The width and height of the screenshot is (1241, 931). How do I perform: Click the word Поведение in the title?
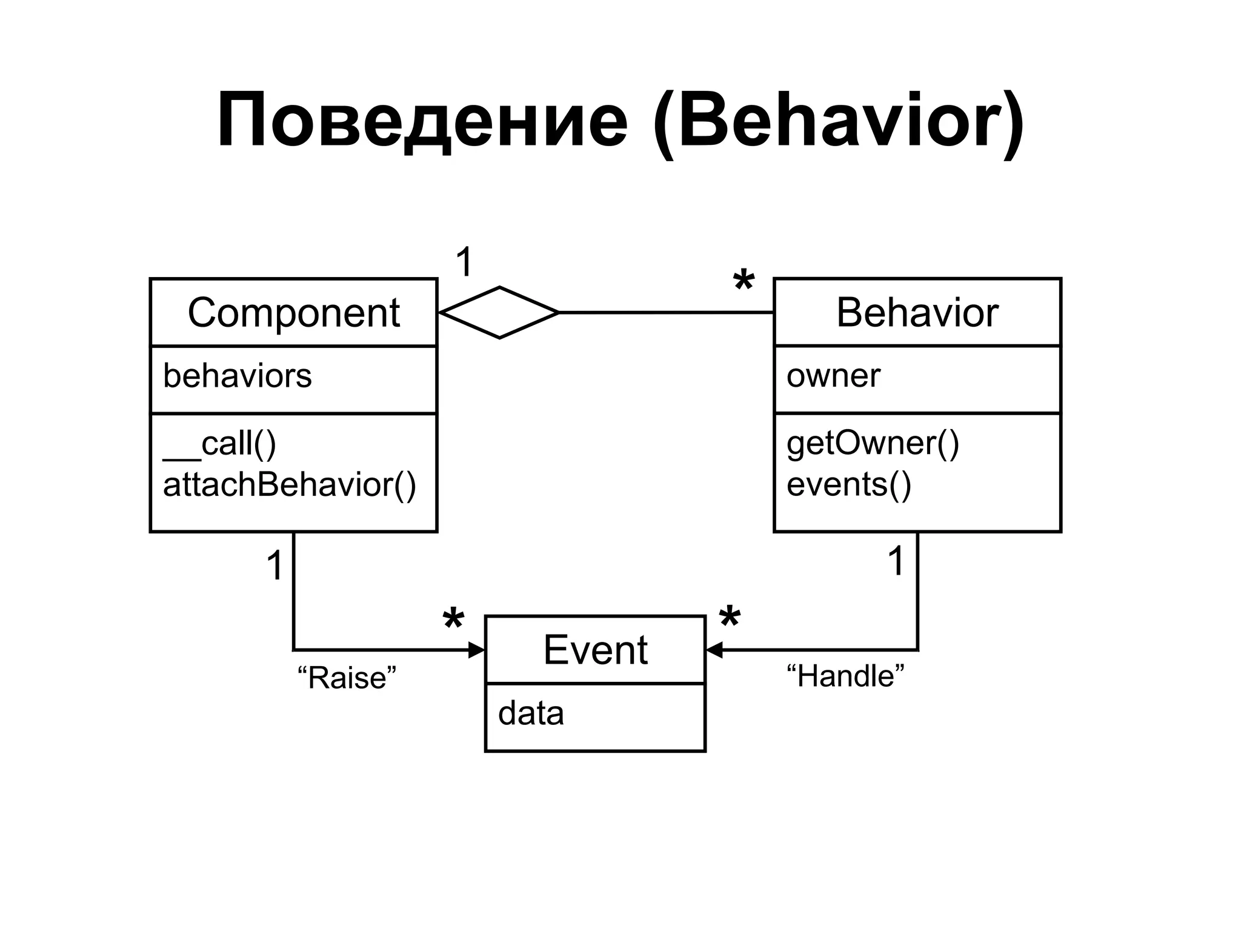(422, 121)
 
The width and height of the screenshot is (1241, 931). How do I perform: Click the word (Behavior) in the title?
(839, 121)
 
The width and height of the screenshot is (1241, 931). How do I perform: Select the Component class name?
(293, 313)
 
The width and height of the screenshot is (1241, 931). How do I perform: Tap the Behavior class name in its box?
(917, 313)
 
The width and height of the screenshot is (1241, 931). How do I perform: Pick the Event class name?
(595, 650)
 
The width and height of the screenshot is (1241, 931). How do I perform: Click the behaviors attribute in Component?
(237, 376)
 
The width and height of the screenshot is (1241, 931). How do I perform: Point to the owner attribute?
(833, 376)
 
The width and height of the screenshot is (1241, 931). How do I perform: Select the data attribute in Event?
(530, 713)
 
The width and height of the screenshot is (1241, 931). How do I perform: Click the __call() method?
(219, 444)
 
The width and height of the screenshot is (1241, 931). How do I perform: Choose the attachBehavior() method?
(289, 485)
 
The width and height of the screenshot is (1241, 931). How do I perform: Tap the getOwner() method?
(873, 443)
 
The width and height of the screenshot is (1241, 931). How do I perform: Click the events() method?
(848, 485)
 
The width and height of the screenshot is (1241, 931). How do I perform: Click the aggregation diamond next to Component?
(499, 313)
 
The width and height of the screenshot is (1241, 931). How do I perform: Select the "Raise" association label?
(347, 678)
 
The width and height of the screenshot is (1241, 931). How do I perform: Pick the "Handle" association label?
(845, 676)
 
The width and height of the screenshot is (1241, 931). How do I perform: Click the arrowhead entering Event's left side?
(477, 650)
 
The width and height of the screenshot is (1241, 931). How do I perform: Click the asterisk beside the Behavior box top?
(744, 282)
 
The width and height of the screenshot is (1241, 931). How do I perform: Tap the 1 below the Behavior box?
(896, 561)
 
